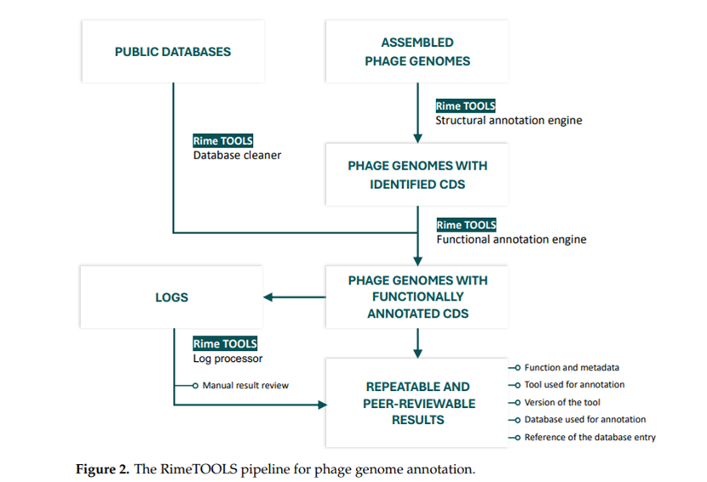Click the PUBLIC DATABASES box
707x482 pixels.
click(x=173, y=51)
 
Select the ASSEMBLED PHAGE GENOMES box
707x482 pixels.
click(x=417, y=51)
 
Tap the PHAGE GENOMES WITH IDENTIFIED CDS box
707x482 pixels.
click(x=417, y=175)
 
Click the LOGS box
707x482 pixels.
click(x=171, y=296)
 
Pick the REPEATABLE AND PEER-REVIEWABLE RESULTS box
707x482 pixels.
click(x=417, y=403)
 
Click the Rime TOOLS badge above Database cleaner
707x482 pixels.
click(x=222, y=141)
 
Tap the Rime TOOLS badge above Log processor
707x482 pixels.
click(x=225, y=343)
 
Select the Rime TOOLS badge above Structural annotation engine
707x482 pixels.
click(x=465, y=106)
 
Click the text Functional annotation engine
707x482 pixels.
click(x=511, y=239)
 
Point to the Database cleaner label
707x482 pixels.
click(x=237, y=155)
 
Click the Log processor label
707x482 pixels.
click(x=227, y=359)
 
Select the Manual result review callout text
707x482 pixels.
click(x=245, y=386)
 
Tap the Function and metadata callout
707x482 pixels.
click(x=572, y=368)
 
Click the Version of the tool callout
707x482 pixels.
click(x=562, y=402)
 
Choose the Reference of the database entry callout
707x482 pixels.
click(x=590, y=438)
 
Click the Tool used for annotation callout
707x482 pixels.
click(x=574, y=385)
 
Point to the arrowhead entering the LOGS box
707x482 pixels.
click(x=267, y=297)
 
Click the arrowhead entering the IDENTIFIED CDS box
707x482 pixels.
click(x=417, y=139)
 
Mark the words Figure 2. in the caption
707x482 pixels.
click(x=102, y=469)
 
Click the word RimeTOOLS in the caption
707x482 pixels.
click(x=198, y=469)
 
